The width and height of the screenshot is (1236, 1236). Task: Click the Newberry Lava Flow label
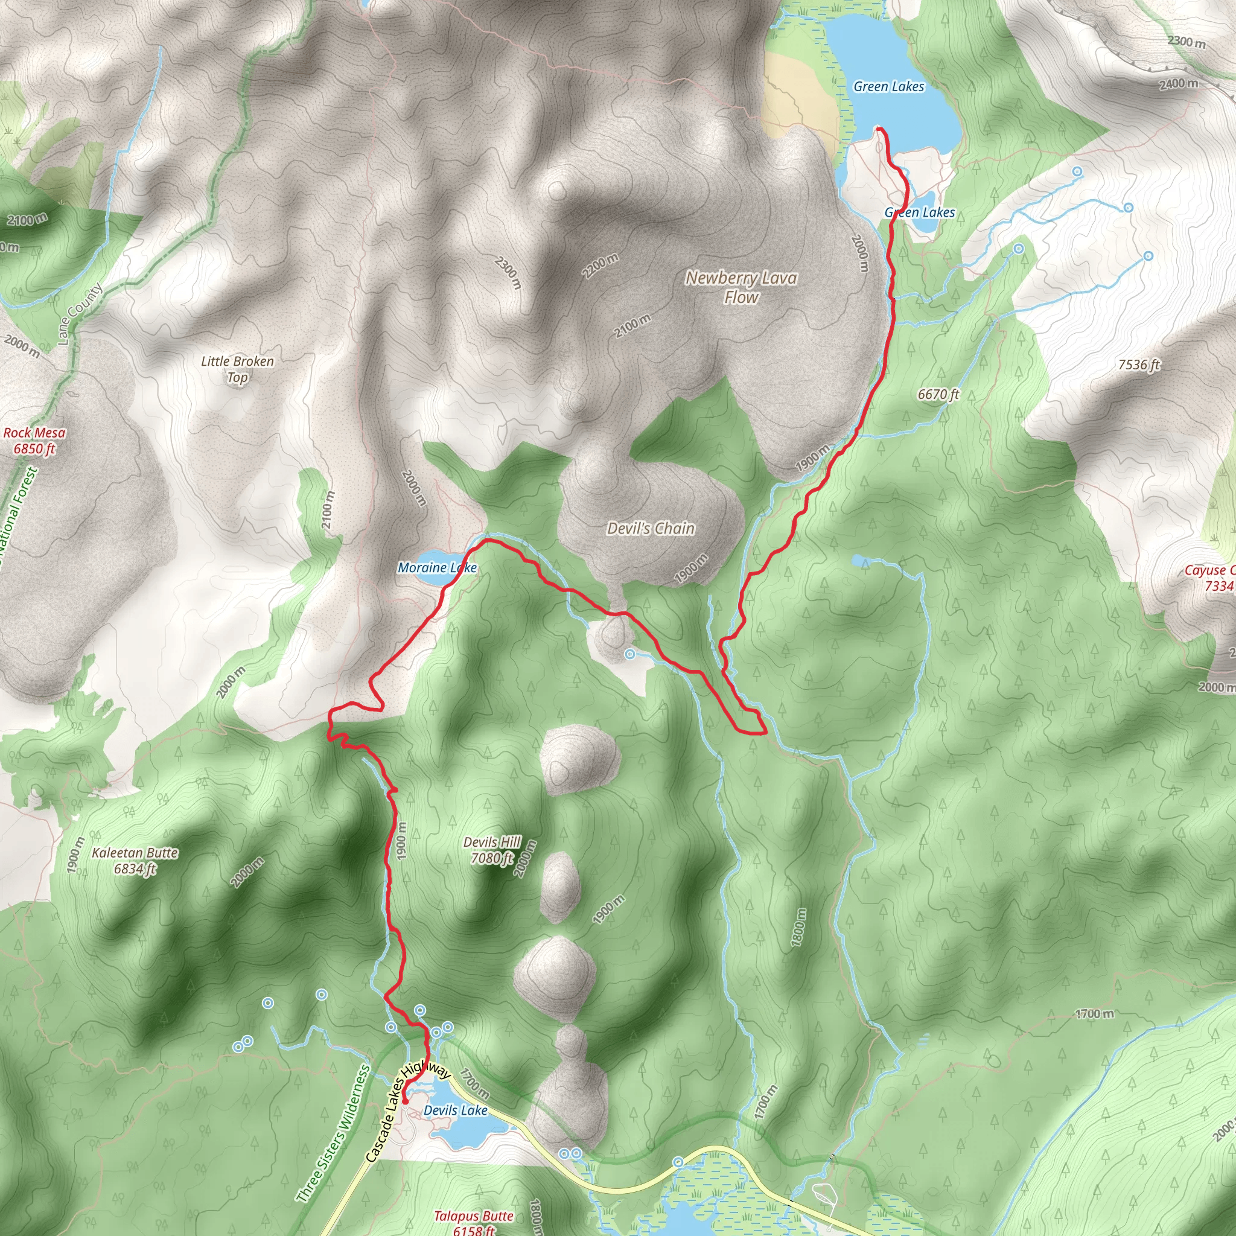741,287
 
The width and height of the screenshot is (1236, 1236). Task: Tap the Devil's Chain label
651,529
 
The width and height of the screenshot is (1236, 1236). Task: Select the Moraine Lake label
437,567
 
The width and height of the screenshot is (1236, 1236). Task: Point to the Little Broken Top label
237,369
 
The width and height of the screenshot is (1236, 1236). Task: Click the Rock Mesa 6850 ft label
34,440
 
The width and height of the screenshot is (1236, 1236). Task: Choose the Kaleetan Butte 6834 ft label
135,861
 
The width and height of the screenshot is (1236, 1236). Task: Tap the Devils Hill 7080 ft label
492,850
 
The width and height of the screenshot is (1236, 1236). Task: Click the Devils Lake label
456,1110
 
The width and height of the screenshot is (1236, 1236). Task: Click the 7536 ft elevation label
1139,365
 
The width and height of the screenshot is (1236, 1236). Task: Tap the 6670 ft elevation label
938,394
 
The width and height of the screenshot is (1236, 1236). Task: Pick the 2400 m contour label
1179,84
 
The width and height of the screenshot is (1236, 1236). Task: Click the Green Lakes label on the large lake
888,86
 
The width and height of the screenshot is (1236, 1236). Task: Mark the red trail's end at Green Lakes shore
878,129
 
